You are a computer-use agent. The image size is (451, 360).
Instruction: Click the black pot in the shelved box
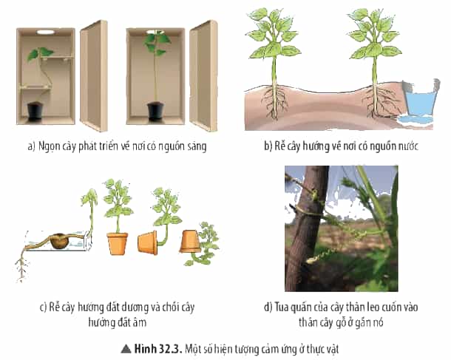coord(35,111)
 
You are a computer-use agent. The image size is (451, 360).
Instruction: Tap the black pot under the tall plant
coord(155,111)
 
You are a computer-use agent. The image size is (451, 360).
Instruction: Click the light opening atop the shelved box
coord(45,33)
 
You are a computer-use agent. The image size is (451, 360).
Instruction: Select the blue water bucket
coord(421,98)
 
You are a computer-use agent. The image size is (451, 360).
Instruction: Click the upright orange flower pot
coord(118,243)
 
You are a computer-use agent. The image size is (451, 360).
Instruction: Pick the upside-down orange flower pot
coord(190,241)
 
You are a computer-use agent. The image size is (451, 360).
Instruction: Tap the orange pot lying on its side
coord(148,242)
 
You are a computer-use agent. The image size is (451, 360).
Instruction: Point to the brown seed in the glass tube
coord(60,241)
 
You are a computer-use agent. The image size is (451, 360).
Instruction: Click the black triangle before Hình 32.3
coord(126,349)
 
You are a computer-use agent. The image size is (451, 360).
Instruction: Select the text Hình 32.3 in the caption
coord(158,349)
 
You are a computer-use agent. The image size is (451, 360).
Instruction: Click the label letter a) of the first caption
coord(31,146)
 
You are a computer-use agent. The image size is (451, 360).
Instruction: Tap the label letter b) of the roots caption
coord(268,146)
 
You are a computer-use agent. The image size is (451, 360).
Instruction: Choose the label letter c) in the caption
coord(43,307)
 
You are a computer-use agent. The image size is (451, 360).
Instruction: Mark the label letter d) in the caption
coord(268,307)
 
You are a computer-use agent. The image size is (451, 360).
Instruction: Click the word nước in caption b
coord(408,146)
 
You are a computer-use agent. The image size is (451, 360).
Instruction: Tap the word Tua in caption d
coord(281,307)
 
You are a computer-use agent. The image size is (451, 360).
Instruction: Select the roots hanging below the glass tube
coord(21,266)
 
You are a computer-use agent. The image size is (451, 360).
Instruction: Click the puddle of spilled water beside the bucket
coord(413,120)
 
